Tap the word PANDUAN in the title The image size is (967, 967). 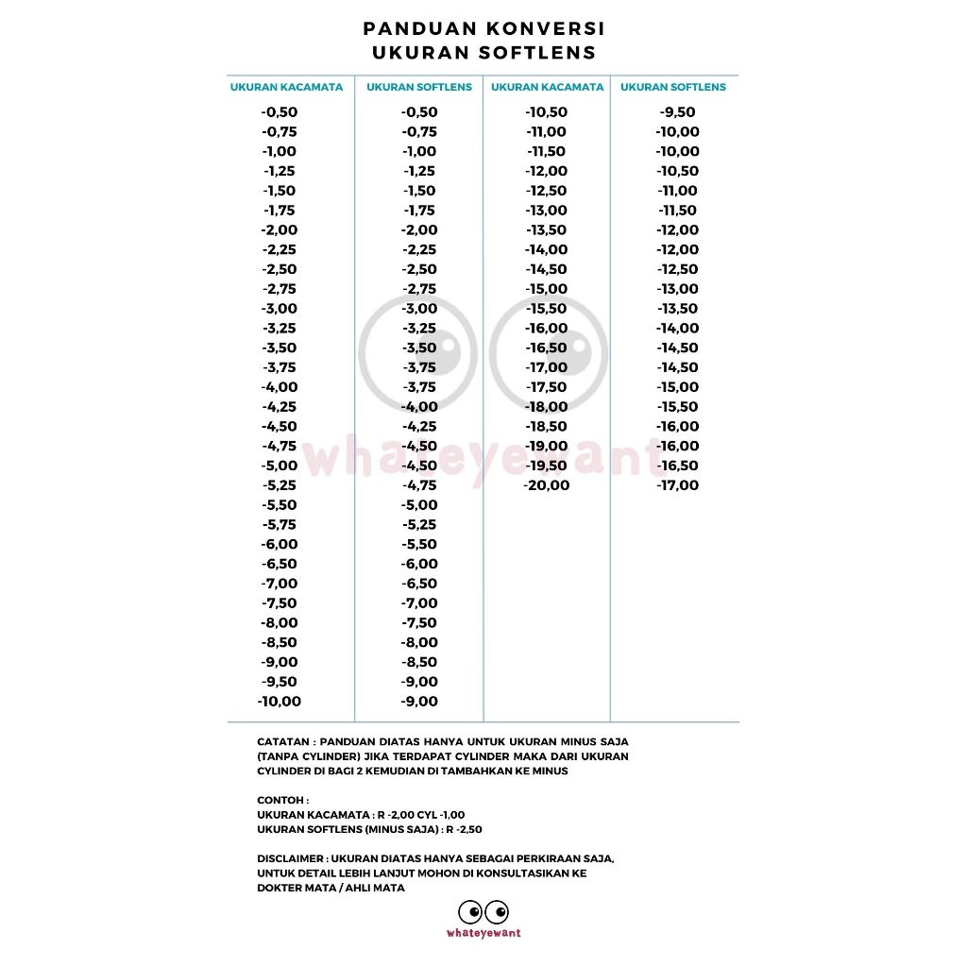(414, 29)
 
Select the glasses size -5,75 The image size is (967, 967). (280, 524)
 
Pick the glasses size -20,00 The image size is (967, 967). (548, 485)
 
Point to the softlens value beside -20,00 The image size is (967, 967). (678, 485)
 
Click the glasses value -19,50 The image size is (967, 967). (548, 466)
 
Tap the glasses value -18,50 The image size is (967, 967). (548, 426)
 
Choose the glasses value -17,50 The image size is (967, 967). (548, 387)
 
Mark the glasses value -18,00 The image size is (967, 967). (548, 407)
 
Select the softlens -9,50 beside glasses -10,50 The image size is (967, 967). (678, 112)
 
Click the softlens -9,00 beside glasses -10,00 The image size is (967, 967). (419, 701)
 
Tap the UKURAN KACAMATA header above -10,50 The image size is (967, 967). (548, 87)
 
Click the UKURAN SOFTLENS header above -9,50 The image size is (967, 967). (673, 87)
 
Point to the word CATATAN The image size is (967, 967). (280, 742)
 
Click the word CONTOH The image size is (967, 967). (280, 800)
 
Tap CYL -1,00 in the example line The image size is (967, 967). (440, 814)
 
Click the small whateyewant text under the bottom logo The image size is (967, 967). (483, 933)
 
